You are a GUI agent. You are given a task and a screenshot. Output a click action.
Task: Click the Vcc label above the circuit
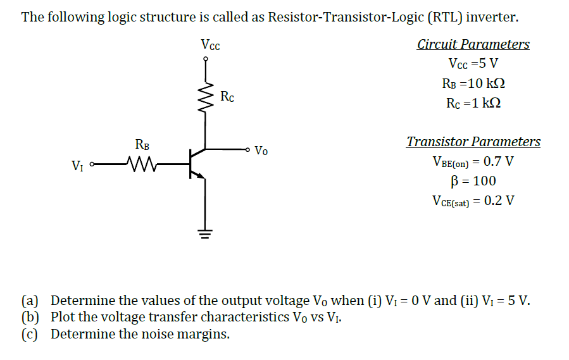(x=210, y=45)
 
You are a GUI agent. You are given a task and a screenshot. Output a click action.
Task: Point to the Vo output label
(x=261, y=151)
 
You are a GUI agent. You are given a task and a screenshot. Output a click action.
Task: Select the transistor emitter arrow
(x=201, y=177)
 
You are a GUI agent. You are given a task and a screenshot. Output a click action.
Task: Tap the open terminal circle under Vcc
(x=204, y=59)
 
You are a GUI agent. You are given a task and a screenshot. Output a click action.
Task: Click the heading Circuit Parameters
(x=473, y=44)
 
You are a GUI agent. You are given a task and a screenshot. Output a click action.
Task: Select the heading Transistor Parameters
(x=473, y=142)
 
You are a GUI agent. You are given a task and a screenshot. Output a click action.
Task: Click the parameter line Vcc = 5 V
(x=473, y=64)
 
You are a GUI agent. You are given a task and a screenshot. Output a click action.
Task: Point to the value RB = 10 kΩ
(x=473, y=84)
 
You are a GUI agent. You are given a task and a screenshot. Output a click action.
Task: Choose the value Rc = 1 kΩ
(x=473, y=103)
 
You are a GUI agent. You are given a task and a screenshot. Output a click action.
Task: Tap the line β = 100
(x=473, y=181)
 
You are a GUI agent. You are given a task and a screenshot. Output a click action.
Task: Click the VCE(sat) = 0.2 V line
(x=473, y=201)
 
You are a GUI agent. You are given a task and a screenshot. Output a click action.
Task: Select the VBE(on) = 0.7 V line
(x=473, y=161)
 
